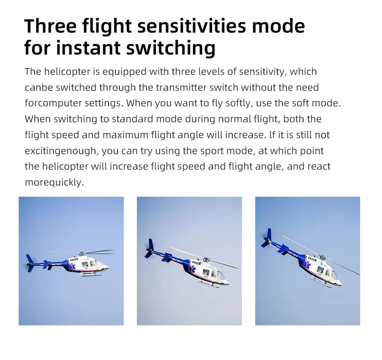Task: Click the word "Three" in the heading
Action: tap(50, 26)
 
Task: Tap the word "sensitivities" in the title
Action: tap(192, 26)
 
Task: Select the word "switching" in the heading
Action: tap(171, 47)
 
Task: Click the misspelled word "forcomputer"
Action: tap(53, 103)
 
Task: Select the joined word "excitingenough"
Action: tap(62, 151)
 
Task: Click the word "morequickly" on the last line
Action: tap(54, 182)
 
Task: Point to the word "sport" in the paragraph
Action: tap(212, 151)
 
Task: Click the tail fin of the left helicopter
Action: tap(29, 263)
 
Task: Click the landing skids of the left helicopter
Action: tap(90, 274)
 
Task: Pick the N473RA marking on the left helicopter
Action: tap(57, 264)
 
